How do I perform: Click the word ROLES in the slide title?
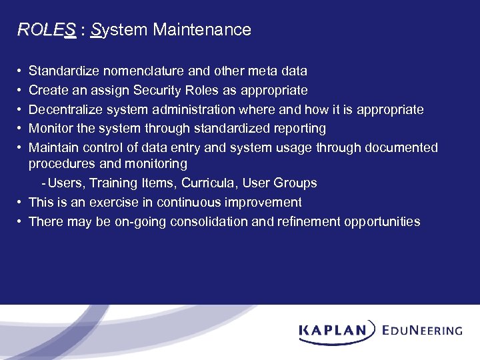(45, 30)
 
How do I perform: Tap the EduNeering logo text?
(422, 330)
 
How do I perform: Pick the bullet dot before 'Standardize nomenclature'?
(20, 71)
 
